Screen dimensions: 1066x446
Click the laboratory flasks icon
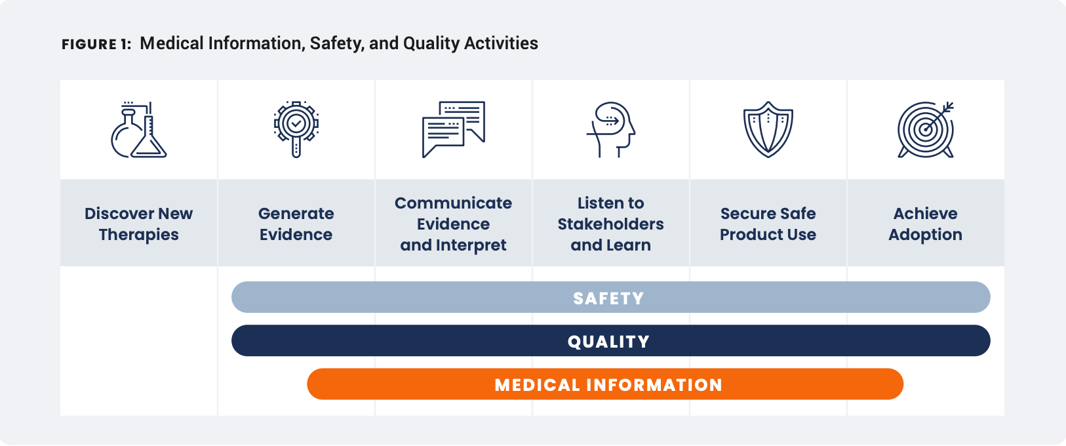pos(139,129)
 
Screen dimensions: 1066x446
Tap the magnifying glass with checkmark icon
pos(296,129)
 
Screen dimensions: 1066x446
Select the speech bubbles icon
pos(454,129)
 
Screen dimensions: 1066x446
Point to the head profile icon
pos(610,129)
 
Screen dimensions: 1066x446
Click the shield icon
pos(768,129)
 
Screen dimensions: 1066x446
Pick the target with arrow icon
pos(926,129)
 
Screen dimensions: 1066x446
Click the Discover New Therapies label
pos(138,224)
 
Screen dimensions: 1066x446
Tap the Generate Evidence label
pos(296,224)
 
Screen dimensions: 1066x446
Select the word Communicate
pos(453,203)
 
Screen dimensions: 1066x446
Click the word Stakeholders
pos(610,224)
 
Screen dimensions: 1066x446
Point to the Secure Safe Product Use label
pos(768,224)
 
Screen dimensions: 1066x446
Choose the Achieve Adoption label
pos(925,224)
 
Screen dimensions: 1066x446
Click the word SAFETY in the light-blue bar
pos(608,298)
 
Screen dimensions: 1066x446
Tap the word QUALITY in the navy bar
pos(608,342)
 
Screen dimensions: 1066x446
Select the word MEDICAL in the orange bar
pos(538,385)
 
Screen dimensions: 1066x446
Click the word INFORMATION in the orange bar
pos(654,385)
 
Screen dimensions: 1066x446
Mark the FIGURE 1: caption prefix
pos(96,44)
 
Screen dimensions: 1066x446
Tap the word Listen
pos(598,203)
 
